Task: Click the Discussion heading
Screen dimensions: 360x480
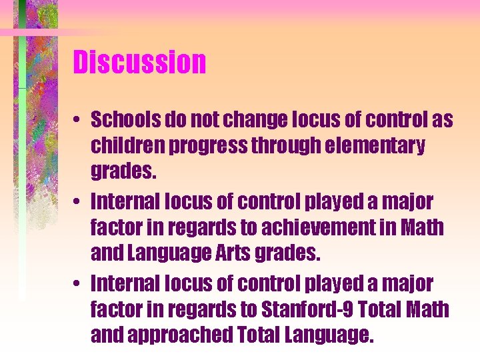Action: click(x=139, y=63)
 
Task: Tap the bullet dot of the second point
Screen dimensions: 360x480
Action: click(x=79, y=202)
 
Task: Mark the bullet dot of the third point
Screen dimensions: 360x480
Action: click(x=79, y=285)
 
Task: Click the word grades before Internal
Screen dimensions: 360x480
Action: click(x=124, y=172)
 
